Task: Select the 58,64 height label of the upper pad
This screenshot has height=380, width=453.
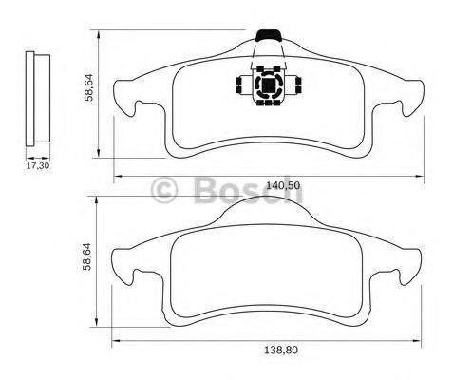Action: [88, 87]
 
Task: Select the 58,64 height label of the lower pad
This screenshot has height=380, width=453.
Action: [88, 257]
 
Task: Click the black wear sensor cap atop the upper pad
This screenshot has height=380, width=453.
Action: [270, 36]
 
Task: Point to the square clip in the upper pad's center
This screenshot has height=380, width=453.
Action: [269, 87]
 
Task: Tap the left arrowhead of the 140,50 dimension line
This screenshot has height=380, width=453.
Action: [117, 177]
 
